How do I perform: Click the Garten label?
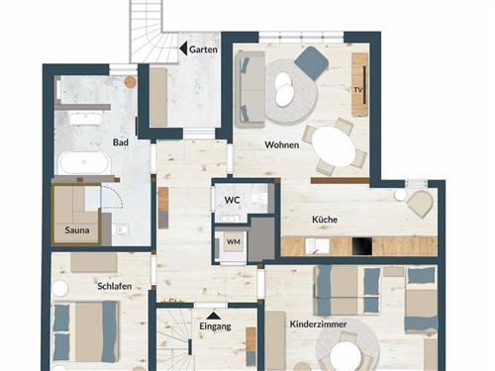click(203, 49)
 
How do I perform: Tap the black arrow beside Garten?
click(183, 48)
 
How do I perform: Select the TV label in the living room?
click(358, 90)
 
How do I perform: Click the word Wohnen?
click(282, 144)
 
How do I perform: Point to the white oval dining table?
click(334, 146)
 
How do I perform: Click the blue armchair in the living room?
click(311, 63)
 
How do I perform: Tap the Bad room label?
click(121, 142)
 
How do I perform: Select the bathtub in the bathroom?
click(84, 162)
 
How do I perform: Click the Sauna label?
click(77, 230)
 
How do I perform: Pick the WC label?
click(233, 200)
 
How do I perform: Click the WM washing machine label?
click(234, 242)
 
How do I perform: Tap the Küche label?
click(325, 220)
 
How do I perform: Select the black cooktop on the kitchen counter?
click(362, 246)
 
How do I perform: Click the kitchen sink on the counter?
click(317, 246)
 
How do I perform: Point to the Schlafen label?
click(115, 286)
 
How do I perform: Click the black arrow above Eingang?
click(214, 316)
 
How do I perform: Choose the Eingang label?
click(215, 326)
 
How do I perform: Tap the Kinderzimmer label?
click(318, 325)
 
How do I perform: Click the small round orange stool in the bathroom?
click(131, 82)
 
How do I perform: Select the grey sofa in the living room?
click(250, 89)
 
